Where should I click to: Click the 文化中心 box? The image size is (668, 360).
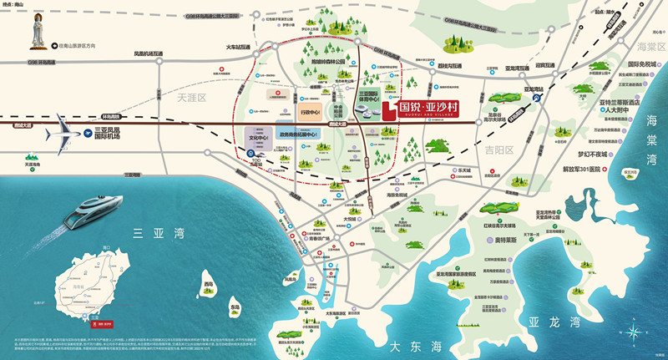(258, 139)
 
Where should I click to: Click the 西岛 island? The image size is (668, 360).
(209, 285)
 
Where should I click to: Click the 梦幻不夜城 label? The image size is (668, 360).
(595, 154)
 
